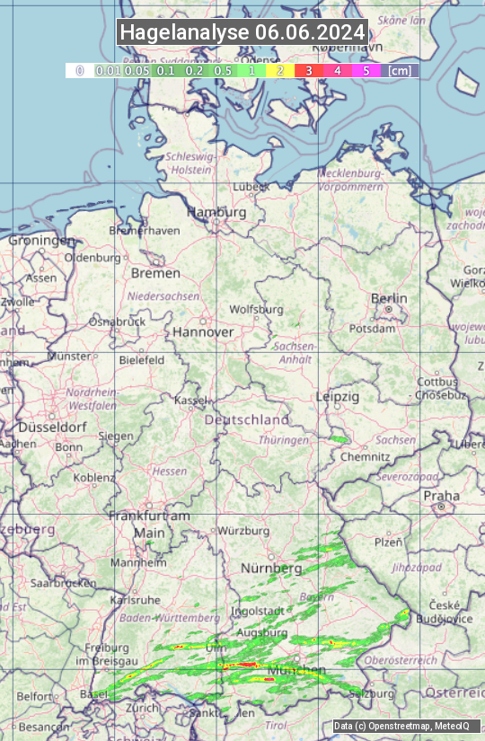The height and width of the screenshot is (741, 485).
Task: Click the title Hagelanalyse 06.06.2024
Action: pos(242,32)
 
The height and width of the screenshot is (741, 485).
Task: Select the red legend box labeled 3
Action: pos(308,70)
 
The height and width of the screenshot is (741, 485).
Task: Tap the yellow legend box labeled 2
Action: pos(280,70)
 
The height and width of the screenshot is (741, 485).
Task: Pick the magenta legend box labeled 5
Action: pos(366,70)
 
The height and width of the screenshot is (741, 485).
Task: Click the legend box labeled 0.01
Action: pos(108,70)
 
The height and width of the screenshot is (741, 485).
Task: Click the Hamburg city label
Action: pos(216,213)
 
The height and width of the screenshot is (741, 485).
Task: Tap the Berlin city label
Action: pos(389,299)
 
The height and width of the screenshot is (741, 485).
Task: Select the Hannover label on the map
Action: pos(203,332)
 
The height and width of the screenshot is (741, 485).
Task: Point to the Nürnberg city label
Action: pos(271,569)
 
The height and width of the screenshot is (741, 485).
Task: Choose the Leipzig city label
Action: pos(338,396)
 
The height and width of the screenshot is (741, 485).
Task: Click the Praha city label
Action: pos(441,496)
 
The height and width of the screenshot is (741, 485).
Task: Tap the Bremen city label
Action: pos(155,273)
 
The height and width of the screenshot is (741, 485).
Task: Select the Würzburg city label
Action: pos(243,531)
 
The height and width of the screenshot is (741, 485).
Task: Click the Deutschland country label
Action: pos(247,419)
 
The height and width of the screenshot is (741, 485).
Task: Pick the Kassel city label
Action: pos(191,400)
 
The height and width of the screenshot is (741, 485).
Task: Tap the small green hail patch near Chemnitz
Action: pos(339,439)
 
